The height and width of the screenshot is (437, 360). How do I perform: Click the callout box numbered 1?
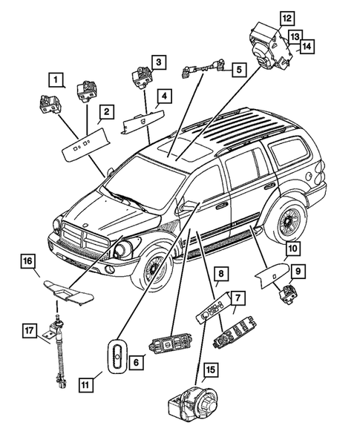(56, 78)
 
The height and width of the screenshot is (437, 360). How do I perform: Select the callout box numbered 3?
(159, 60)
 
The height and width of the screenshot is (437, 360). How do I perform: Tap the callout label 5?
(239, 70)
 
